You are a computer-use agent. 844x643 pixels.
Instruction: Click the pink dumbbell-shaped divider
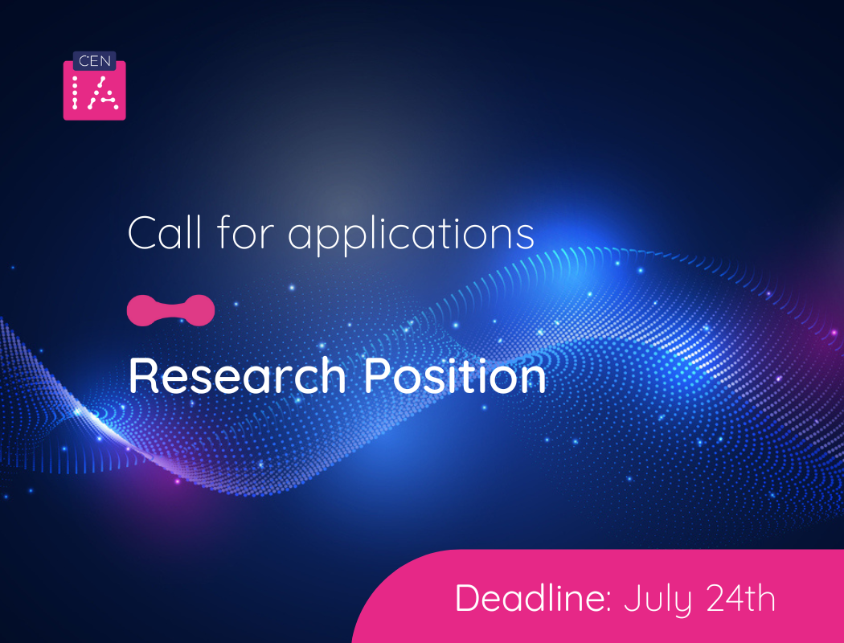pos(171,310)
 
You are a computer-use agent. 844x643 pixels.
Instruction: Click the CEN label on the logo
pos(95,61)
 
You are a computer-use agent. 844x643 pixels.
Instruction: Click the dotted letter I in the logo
pos(76,94)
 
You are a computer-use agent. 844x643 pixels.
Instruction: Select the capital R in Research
pos(142,375)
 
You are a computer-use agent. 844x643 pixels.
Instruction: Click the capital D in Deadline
pos(468,599)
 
